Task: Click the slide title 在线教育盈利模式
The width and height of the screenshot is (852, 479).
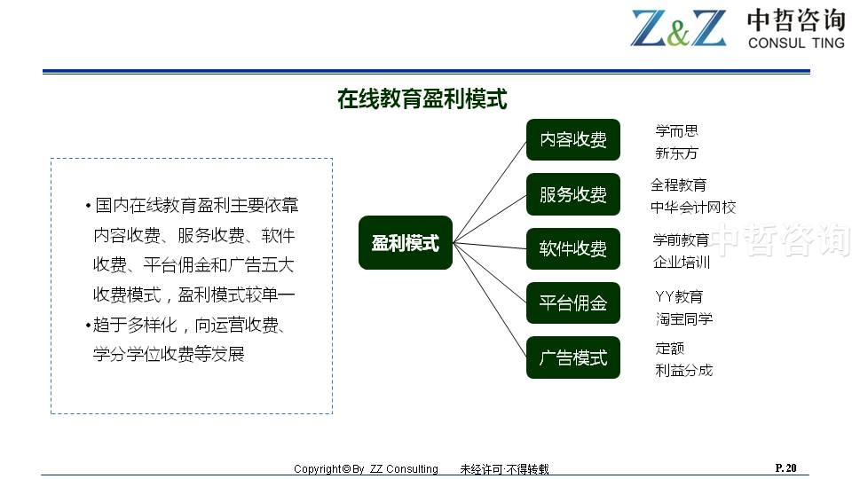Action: tap(422, 99)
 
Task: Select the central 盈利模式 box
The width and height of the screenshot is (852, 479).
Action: tap(406, 243)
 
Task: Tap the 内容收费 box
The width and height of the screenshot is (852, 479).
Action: tap(573, 139)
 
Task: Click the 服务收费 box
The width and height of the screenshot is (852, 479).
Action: tap(573, 194)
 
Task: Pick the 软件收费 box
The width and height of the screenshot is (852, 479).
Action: tap(573, 248)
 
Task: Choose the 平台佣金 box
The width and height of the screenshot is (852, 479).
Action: tap(573, 303)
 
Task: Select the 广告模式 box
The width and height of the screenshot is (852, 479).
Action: tap(573, 357)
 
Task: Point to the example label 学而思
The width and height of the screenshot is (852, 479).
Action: tap(676, 131)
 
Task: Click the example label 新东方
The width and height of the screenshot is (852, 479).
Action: tap(676, 153)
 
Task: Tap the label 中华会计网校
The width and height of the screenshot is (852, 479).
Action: tap(693, 208)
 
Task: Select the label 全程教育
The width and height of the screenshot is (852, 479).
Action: tap(679, 185)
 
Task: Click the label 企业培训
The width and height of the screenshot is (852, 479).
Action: tap(682, 263)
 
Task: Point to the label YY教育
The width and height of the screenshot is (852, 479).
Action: tap(679, 296)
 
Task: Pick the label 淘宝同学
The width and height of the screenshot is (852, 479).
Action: tap(684, 318)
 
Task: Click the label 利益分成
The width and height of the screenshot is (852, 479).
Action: tap(684, 371)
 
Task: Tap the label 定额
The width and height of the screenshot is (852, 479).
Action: tap(670, 348)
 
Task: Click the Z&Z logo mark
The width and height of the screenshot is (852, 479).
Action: tap(678, 27)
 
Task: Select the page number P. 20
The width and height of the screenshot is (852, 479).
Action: tap(785, 467)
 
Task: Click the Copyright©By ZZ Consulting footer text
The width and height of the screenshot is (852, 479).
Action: tap(366, 468)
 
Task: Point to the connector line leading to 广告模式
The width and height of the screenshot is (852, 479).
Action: tap(490, 300)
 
